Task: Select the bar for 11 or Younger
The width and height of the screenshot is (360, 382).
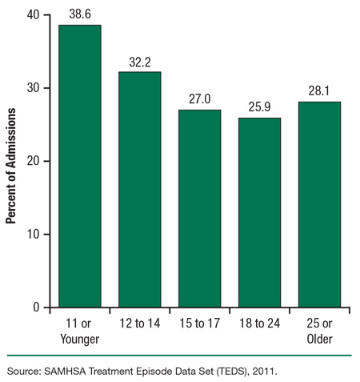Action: (80, 166)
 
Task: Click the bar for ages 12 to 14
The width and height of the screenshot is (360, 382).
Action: (140, 189)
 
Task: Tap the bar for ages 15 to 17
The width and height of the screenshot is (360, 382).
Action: (199, 208)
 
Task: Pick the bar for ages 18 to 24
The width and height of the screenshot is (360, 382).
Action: (259, 212)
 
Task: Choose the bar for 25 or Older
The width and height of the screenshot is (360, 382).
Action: (319, 204)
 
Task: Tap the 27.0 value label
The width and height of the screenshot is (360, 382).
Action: (199, 101)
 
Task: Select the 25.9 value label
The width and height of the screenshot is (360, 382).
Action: (259, 109)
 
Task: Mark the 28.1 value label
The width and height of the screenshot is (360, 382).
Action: (319, 93)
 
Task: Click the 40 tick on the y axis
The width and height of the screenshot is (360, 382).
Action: (33, 14)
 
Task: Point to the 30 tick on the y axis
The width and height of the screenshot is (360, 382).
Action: (33, 88)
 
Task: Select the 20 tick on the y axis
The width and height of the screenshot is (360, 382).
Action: (33, 161)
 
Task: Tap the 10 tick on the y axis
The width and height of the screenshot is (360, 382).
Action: (33, 234)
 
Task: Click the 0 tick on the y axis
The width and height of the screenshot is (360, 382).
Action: (36, 308)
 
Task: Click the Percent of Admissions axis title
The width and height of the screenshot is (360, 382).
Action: (12, 160)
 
